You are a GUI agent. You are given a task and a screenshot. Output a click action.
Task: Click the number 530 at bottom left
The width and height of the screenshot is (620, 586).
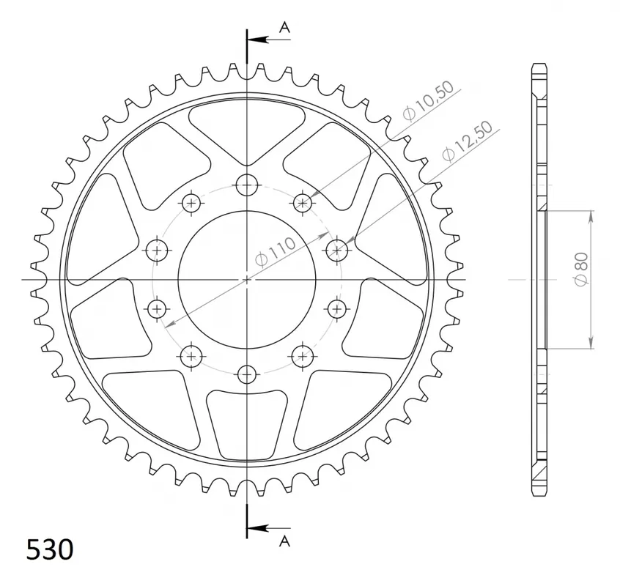tap(50, 549)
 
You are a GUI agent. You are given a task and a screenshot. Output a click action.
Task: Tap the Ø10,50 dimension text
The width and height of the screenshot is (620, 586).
tap(429, 102)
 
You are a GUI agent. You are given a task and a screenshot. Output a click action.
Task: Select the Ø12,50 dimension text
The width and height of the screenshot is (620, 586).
tap(468, 141)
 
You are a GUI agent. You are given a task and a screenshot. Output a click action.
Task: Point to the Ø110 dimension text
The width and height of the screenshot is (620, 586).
tap(276, 253)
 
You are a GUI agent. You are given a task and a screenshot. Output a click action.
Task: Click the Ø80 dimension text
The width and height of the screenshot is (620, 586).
tap(582, 269)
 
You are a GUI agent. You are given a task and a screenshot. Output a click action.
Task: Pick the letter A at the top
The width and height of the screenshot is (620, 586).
tap(284, 27)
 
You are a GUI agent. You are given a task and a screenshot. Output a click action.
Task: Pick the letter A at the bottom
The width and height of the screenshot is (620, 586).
tap(284, 541)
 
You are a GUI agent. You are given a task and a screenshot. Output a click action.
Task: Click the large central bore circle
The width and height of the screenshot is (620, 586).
tap(247, 211)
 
